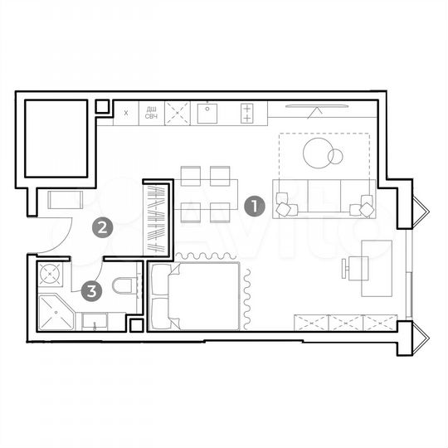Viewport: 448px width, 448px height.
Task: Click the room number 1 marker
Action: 256,205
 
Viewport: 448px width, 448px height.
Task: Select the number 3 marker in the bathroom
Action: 92,290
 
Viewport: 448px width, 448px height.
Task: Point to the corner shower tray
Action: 56,312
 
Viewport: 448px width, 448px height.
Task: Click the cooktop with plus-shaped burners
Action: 246,112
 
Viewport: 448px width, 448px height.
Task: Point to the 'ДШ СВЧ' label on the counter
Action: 152,112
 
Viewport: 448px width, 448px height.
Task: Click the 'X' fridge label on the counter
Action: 126,111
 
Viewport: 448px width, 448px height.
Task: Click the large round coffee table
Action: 318,153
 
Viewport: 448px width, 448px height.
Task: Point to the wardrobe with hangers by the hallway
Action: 157,217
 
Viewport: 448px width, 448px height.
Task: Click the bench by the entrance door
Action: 64,200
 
